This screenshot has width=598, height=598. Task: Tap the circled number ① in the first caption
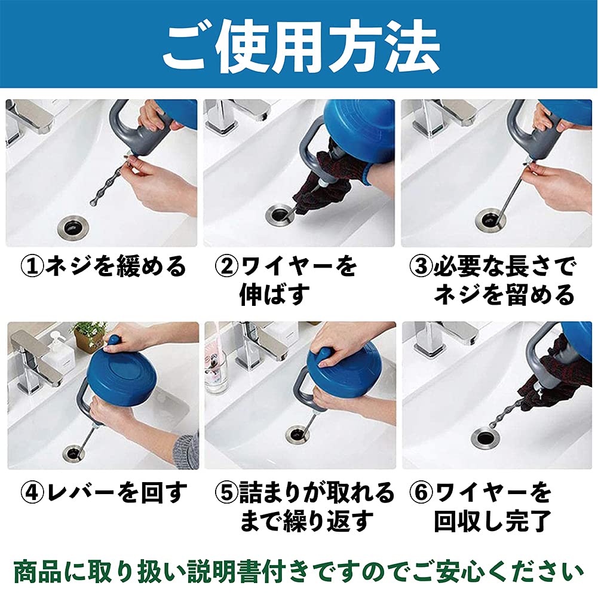tap(32, 266)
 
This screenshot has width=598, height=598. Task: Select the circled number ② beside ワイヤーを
tap(227, 266)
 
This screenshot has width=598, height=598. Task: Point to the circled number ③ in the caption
tap(421, 266)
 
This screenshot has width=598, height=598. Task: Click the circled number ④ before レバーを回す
tap(32, 492)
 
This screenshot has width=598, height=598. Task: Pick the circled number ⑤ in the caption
tap(227, 492)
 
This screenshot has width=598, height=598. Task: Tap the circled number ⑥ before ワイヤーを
tap(421, 492)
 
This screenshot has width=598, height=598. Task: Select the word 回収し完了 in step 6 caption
tap(492, 521)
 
